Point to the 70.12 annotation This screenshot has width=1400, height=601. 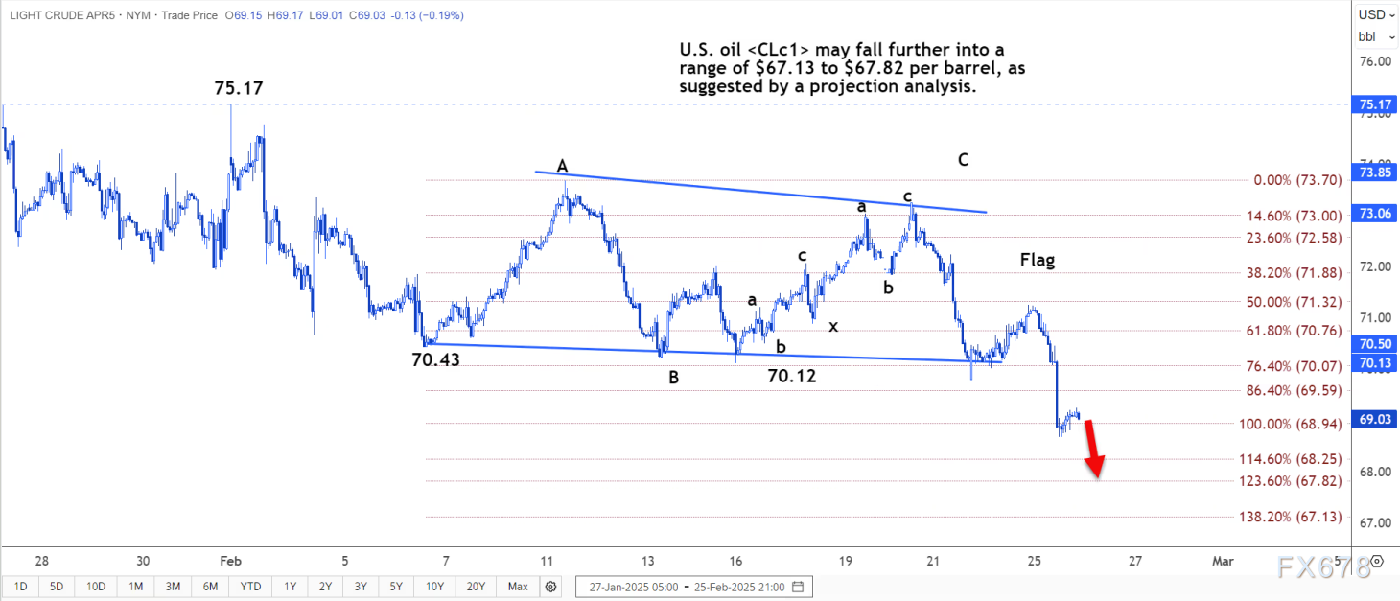pyautogui.click(x=792, y=377)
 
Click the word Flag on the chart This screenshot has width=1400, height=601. pyautogui.click(x=1037, y=260)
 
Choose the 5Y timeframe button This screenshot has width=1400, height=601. pyautogui.click(x=396, y=586)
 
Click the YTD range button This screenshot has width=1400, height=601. pyautogui.click(x=251, y=586)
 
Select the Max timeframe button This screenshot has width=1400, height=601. pyautogui.click(x=518, y=586)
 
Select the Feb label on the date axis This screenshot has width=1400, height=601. pyautogui.click(x=231, y=561)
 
